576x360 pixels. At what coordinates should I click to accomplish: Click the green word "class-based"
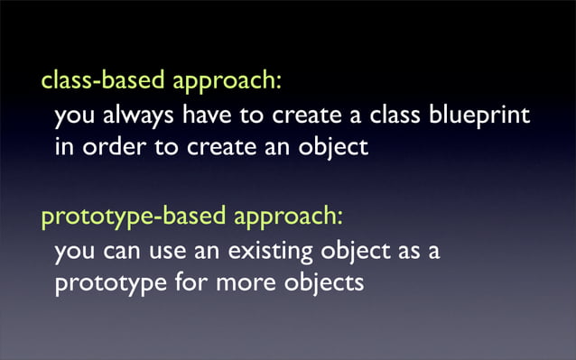[x=100, y=80]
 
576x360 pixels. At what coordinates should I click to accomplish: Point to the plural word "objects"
[x=325, y=283]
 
